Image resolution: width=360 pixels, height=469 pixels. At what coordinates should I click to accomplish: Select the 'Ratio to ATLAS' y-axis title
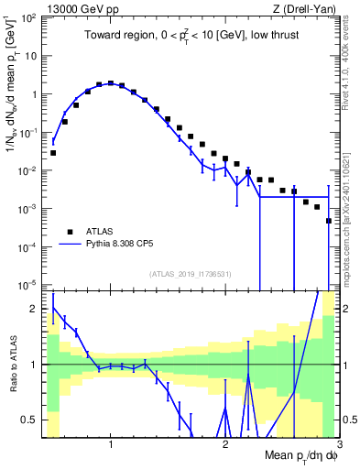[13, 364]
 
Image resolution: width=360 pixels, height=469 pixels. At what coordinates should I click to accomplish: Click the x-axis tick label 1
[111, 444]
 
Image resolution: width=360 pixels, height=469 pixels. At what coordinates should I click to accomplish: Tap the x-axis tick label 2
[225, 444]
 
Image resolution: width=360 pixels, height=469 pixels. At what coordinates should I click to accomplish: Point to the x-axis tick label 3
[340, 444]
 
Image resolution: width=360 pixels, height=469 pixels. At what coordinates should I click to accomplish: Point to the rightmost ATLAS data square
[328, 246]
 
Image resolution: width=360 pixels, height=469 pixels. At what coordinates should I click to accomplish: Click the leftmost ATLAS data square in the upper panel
[53, 153]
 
